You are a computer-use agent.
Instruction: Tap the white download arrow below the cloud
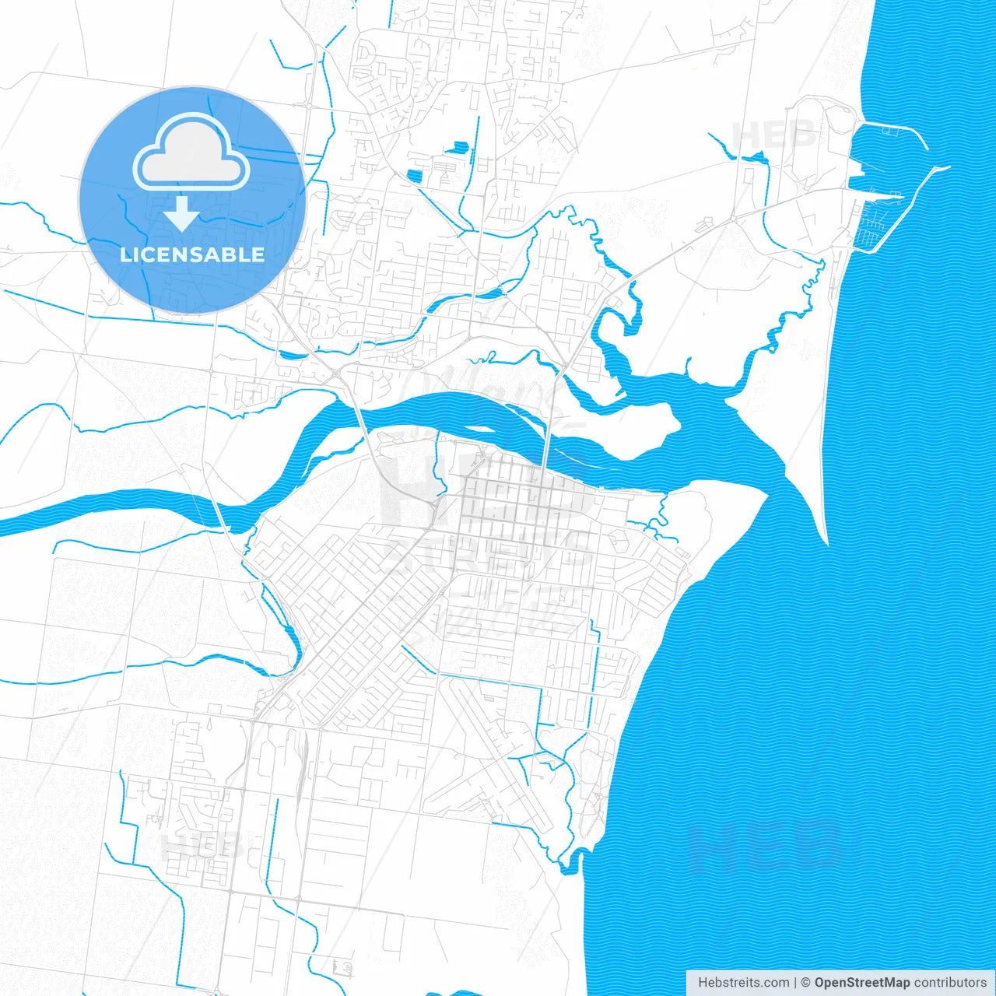pyautogui.click(x=182, y=213)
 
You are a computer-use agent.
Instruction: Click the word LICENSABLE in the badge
pyautogui.click(x=192, y=254)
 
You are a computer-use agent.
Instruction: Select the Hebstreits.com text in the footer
pyautogui.click(x=743, y=983)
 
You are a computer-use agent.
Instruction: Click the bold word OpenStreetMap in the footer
pyautogui.click(x=861, y=983)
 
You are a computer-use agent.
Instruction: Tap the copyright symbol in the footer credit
pyautogui.click(x=806, y=983)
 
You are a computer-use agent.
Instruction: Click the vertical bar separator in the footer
pyautogui.click(x=795, y=983)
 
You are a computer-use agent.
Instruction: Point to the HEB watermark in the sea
pyautogui.click(x=766, y=846)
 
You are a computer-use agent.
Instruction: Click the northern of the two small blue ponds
pyautogui.click(x=460, y=146)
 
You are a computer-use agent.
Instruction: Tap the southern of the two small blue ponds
pyautogui.click(x=417, y=175)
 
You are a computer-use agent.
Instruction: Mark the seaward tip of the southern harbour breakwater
pyautogui.click(x=946, y=167)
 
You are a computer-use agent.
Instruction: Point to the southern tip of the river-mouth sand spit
pyautogui.click(x=823, y=537)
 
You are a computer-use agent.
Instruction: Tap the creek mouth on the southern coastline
pyautogui.click(x=574, y=860)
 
